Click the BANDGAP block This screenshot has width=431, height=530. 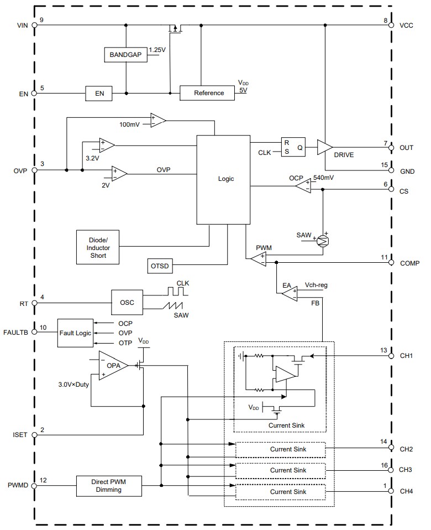pyautogui.click(x=125, y=55)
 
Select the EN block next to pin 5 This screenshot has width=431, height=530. pyautogui.click(x=99, y=93)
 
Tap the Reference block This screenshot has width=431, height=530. pyautogui.click(x=208, y=93)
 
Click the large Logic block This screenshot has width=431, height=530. pyautogui.click(x=224, y=179)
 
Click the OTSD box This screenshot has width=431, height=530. pyautogui.click(x=160, y=266)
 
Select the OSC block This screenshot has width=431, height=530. pyautogui.click(x=127, y=303)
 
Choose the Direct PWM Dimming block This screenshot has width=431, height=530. pyautogui.click(x=108, y=486)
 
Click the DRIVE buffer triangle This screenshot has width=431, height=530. pyautogui.click(x=325, y=147)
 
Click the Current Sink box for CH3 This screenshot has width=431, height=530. pyautogui.click(x=280, y=470)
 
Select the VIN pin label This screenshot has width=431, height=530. pyautogui.click(x=23, y=24)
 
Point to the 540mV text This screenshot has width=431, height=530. pyautogui.click(x=323, y=178)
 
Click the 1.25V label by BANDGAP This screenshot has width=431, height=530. pyautogui.click(x=157, y=50)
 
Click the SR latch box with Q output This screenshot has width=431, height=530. pyautogui.click(x=293, y=147)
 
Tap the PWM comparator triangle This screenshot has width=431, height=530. pyautogui.click(x=258, y=259)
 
